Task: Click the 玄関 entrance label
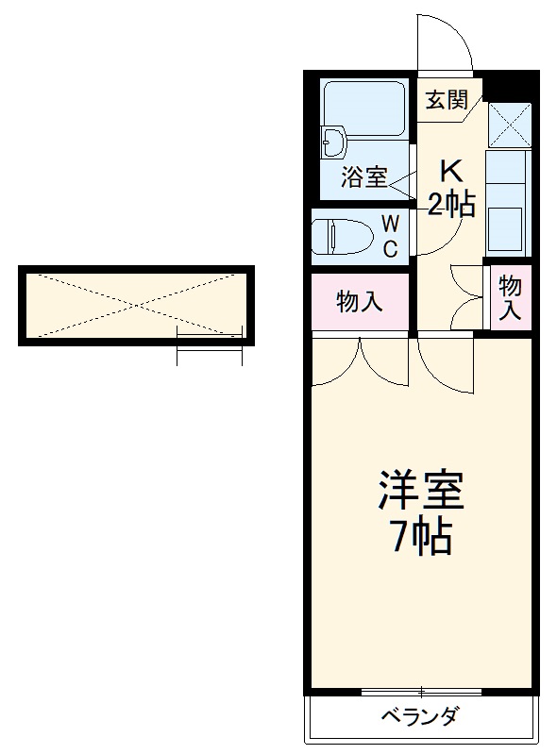pos(446,100)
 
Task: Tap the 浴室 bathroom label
pos(363,176)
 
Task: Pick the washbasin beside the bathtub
pos(333,142)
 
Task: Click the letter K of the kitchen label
pos(450,172)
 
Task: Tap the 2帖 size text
pos(450,203)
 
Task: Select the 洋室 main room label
pos(421,492)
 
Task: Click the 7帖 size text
pos(421,537)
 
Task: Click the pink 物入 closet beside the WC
pos(360,302)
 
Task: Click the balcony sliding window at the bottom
pos(421,692)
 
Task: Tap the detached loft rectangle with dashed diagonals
pos(135,304)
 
